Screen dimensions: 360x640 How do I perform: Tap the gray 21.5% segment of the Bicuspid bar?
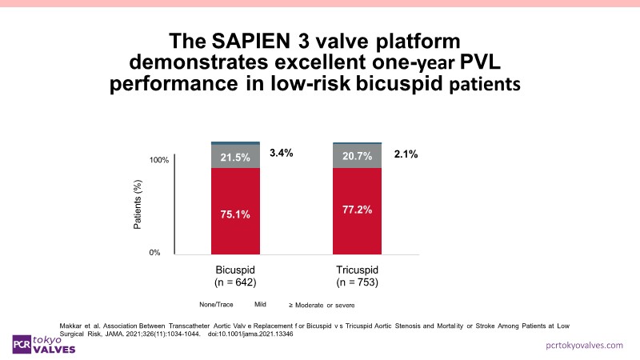tap(234, 157)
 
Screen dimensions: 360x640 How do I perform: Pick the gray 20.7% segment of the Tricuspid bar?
tap(357, 157)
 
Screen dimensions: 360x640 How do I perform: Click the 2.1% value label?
tap(406, 153)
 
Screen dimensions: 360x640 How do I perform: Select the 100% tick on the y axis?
tap(159, 161)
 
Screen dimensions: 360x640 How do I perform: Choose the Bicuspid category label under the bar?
tap(235, 270)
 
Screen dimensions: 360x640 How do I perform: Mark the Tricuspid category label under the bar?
tap(357, 270)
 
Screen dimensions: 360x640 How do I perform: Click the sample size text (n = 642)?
tap(235, 282)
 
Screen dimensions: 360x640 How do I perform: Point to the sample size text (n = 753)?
tap(357, 282)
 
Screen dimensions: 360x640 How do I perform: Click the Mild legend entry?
tap(260, 305)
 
